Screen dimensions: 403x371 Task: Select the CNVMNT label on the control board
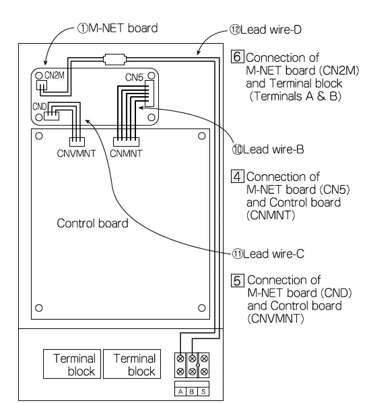tap(77, 153)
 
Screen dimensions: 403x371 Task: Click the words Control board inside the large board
tap(91, 223)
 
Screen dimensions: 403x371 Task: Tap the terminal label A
tap(180, 390)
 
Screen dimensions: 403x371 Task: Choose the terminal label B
tap(192, 390)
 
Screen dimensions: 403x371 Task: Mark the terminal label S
tap(203, 390)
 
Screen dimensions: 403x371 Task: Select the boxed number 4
tap(236, 178)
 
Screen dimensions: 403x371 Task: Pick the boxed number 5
tap(236, 279)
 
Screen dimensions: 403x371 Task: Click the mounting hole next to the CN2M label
tap(40, 76)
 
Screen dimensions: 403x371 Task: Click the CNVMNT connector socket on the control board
tap(77, 142)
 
